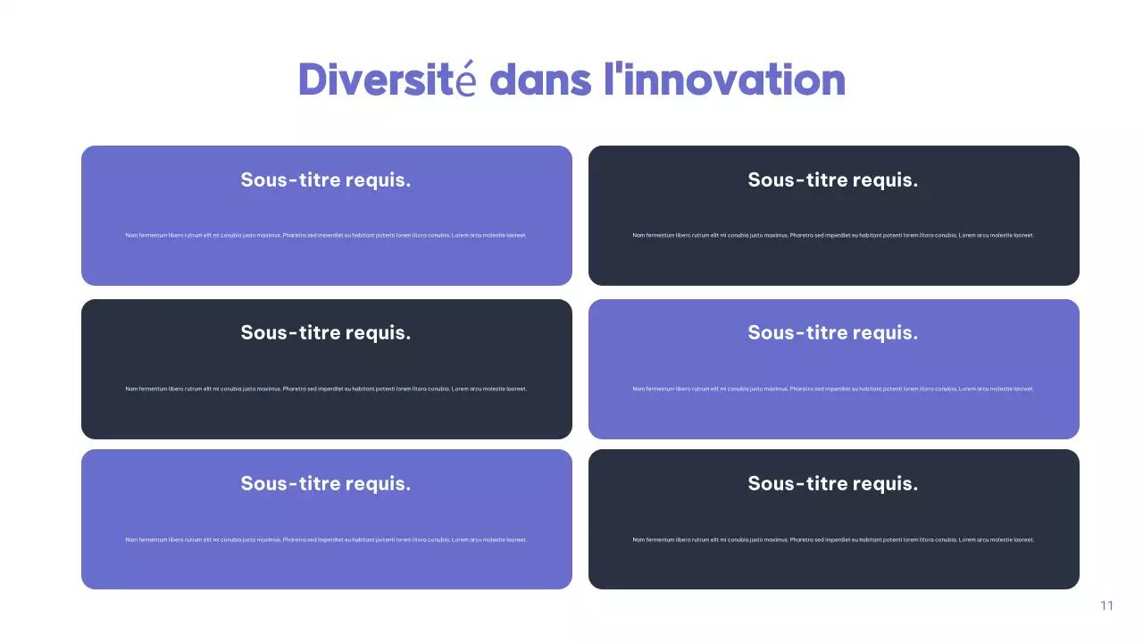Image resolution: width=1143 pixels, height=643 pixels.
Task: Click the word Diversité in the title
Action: point(388,79)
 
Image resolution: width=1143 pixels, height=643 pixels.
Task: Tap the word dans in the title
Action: point(540,80)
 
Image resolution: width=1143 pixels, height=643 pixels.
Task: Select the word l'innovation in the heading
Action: point(724,79)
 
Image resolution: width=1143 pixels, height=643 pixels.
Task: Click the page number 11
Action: point(1106,605)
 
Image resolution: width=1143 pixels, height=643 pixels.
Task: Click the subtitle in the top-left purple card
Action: point(326,180)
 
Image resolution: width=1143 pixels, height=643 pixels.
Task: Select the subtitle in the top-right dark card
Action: point(832,180)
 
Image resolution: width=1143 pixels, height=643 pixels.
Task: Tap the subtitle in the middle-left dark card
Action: point(326,333)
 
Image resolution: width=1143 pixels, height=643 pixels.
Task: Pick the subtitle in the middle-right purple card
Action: point(832,333)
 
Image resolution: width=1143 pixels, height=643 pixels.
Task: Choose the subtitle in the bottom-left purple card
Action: point(326,484)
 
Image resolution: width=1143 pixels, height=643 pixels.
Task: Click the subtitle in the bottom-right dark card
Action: point(832,484)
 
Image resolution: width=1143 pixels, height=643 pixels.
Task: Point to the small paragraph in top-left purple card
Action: point(326,236)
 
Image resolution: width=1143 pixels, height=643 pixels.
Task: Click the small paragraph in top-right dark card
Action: point(832,236)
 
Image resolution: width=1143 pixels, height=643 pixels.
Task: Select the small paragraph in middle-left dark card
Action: point(326,389)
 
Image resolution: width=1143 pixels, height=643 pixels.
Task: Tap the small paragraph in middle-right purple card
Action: point(832,389)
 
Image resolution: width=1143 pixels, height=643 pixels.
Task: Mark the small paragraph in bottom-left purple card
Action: point(326,540)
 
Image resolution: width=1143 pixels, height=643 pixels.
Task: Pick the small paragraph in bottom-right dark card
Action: point(832,540)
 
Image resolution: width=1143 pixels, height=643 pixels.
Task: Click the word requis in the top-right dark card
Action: point(884,180)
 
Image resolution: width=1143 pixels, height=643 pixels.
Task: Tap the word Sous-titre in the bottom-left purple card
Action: point(290,484)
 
